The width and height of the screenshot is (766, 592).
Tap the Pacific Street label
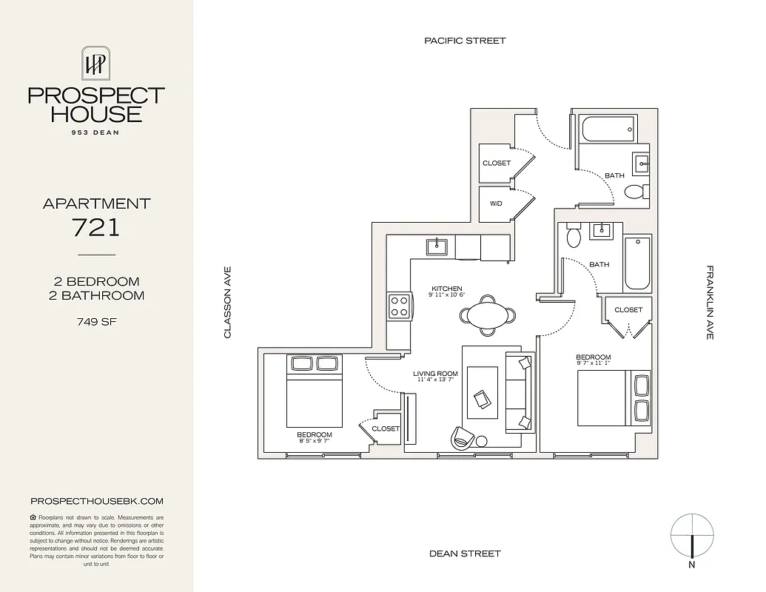pyautogui.click(x=465, y=41)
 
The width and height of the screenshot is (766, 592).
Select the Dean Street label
pyautogui.click(x=465, y=554)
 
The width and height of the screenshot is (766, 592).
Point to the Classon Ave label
pyautogui.click(x=228, y=303)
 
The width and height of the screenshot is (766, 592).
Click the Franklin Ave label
pyautogui.click(x=709, y=303)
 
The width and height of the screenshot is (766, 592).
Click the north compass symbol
pyautogui.click(x=692, y=536)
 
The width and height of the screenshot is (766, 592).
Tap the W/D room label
pyautogui.click(x=496, y=203)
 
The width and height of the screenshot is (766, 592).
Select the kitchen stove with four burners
pyautogui.click(x=400, y=306)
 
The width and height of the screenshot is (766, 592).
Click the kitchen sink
pyautogui.click(x=437, y=246)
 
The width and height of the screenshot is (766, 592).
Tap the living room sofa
pyautogui.click(x=518, y=392)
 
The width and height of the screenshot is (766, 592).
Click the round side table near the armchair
pyautogui.click(x=481, y=442)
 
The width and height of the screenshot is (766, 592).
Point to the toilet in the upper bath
pyautogui.click(x=634, y=192)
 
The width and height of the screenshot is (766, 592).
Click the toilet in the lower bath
pyautogui.click(x=573, y=237)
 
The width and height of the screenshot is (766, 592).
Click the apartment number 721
pyautogui.click(x=96, y=227)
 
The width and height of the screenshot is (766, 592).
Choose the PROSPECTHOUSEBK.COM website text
pyautogui.click(x=96, y=501)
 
